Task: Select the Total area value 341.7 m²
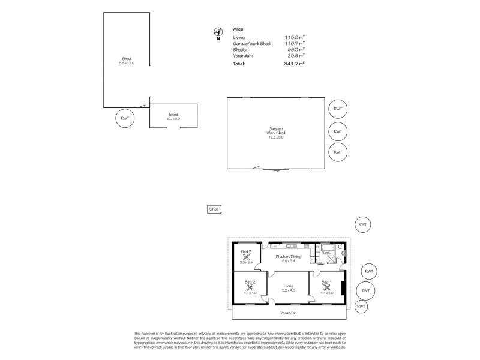(295, 63)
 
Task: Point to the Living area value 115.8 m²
(295, 37)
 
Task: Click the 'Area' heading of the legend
(238, 29)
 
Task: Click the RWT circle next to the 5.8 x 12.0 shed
(125, 118)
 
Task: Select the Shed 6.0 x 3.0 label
(173, 116)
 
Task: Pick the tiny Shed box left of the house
(214, 209)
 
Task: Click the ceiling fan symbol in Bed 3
(246, 257)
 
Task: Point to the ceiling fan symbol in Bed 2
(250, 287)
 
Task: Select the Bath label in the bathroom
(326, 253)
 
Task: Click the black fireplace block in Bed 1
(343, 287)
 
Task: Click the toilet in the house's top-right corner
(340, 247)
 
